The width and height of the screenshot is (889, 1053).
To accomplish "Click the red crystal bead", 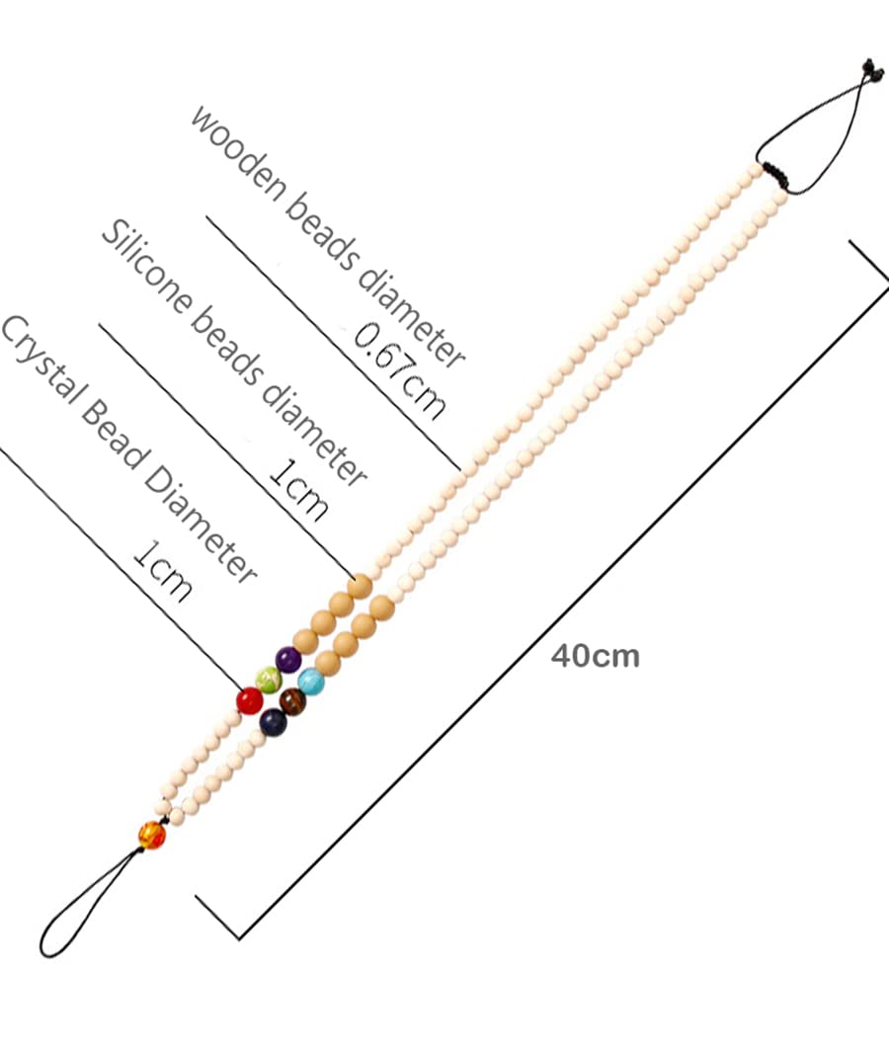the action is click(249, 700).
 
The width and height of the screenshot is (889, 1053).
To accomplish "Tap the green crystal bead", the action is click(269, 680).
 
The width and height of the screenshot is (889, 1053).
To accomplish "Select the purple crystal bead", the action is click(288, 660).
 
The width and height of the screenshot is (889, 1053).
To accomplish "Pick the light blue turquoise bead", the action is click(311, 682).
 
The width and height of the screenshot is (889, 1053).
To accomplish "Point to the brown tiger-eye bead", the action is click(292, 701).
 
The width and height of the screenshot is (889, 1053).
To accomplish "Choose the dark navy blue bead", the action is click(273, 723).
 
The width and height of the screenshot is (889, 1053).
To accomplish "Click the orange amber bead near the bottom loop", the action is click(152, 835).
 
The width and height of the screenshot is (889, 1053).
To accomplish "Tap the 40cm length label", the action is click(595, 656).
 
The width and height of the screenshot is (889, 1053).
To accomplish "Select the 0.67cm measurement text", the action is click(400, 370).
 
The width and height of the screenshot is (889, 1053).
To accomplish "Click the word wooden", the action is click(238, 152).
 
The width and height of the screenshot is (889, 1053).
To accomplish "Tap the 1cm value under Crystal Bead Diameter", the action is click(163, 571).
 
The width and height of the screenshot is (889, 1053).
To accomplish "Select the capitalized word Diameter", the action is click(201, 526).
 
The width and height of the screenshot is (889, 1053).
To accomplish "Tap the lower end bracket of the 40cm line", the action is click(217, 916).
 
